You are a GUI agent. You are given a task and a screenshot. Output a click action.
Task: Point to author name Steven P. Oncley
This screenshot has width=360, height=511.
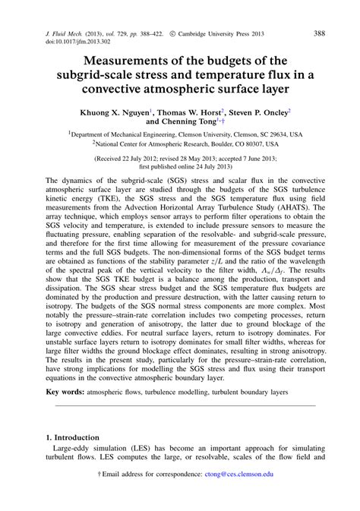pyautogui.click(x=254, y=111)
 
